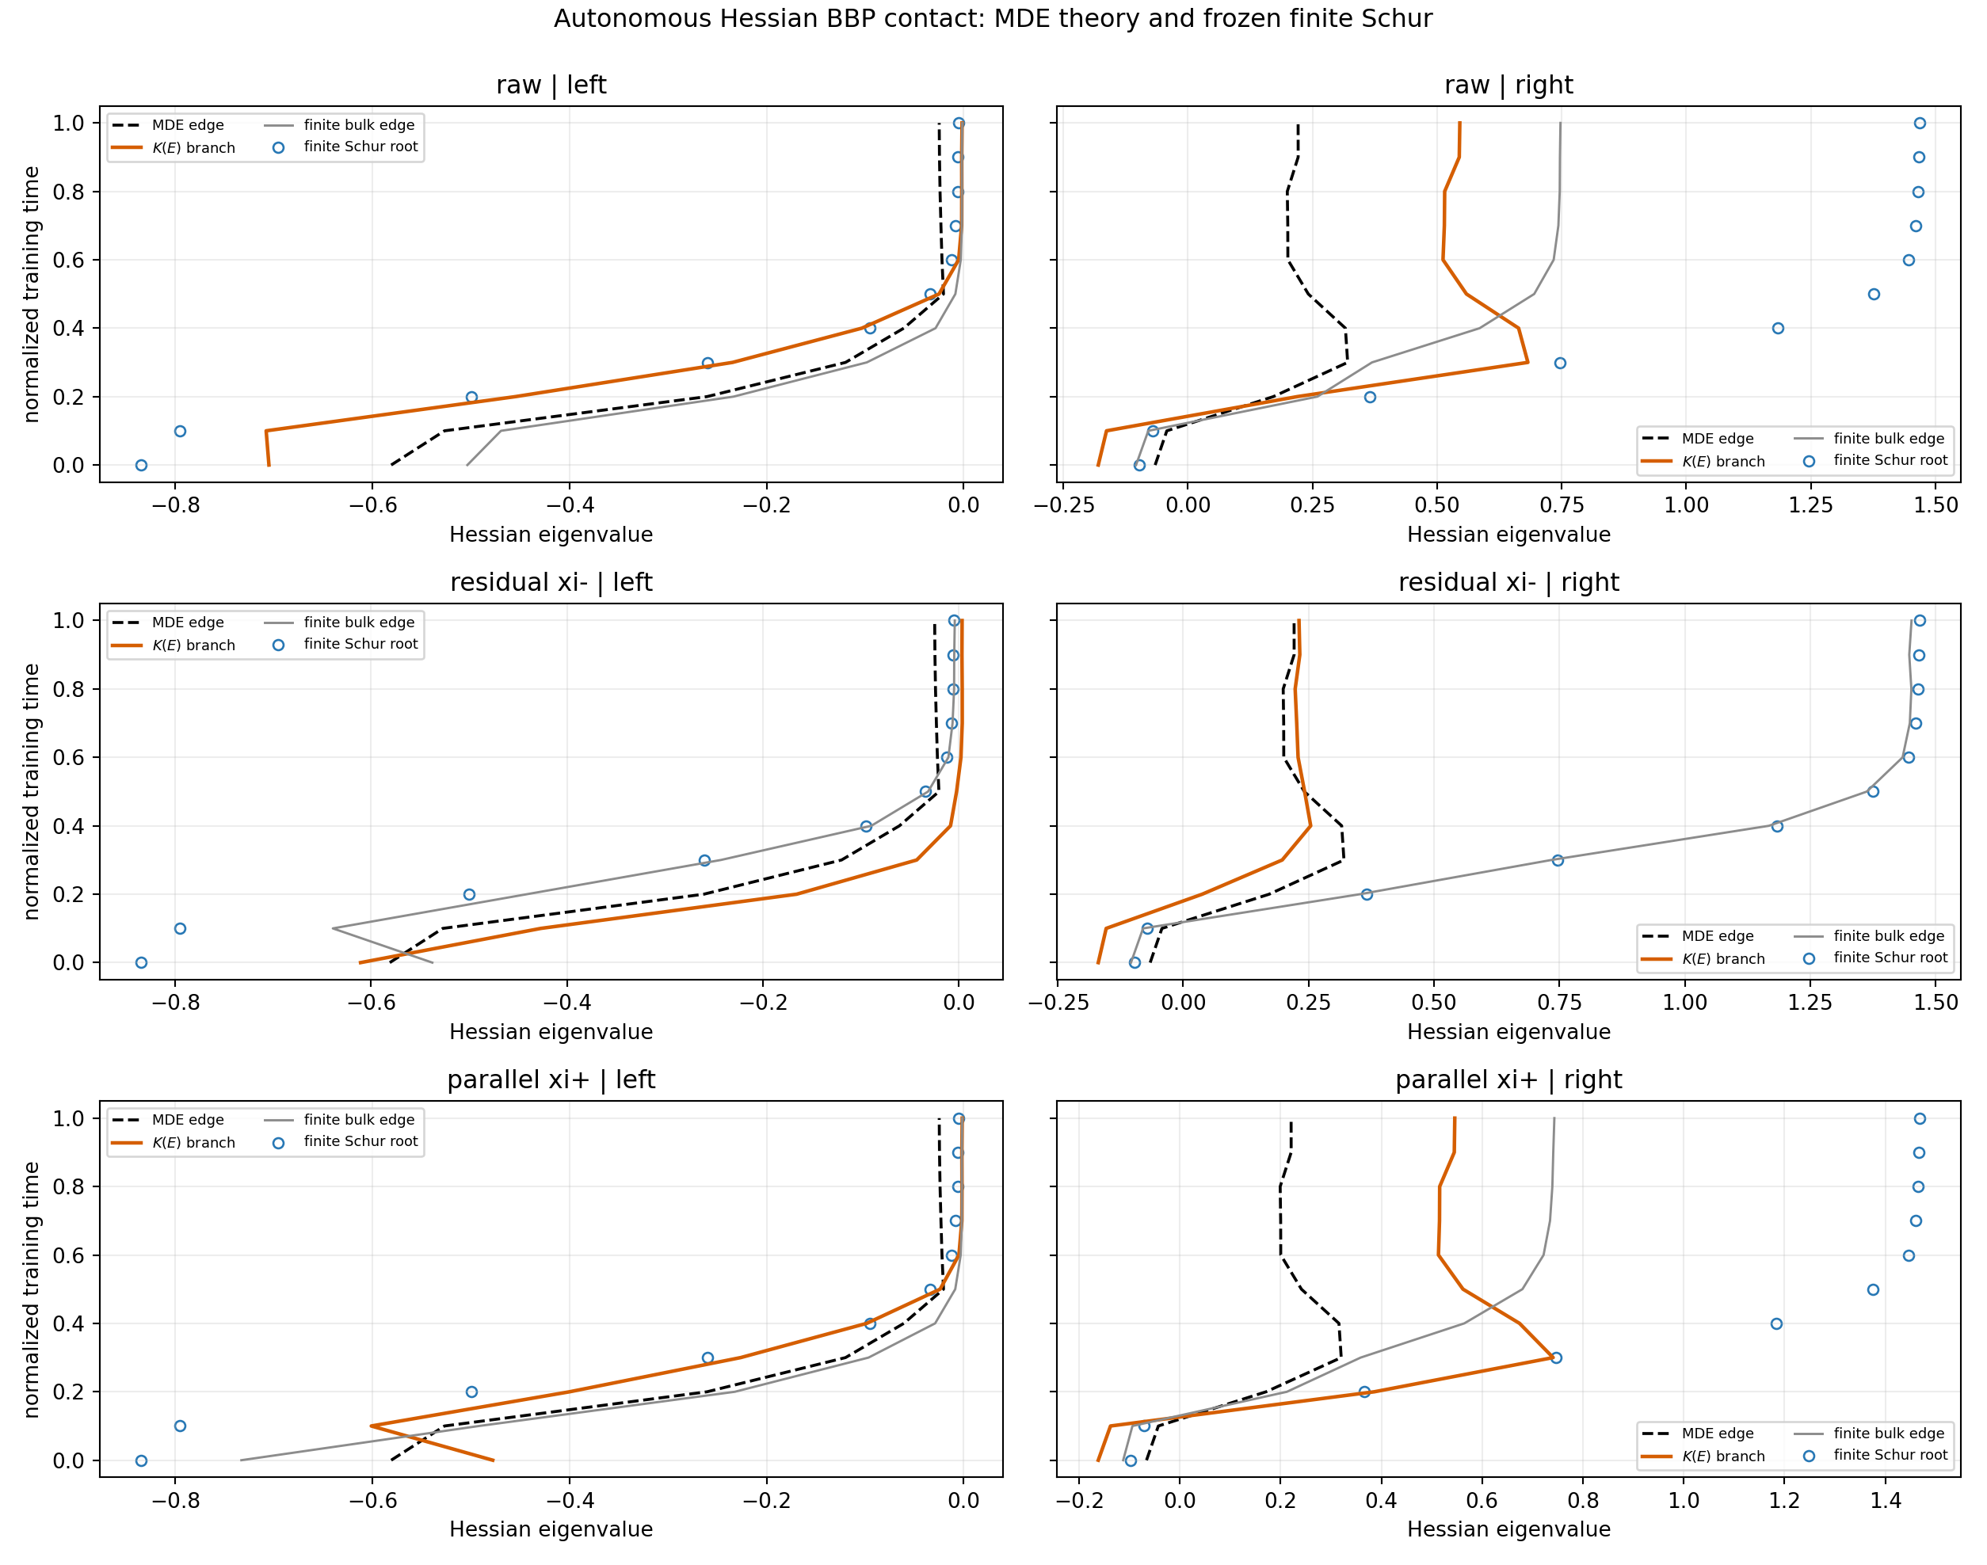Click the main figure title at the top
pos(993,18)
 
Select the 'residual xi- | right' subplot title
pos(1508,582)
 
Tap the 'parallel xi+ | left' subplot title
pos(551,1080)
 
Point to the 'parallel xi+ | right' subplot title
pos(1508,1080)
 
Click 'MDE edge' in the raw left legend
pos(188,124)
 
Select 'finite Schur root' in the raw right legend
pos(1890,460)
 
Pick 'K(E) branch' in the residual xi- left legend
pos(193,645)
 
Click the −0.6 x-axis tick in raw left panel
pos(372,505)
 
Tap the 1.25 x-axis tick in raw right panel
pos(1811,505)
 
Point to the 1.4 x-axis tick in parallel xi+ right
pos(1886,1500)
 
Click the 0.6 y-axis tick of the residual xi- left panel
pos(69,758)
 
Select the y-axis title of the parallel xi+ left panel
pos(31,1290)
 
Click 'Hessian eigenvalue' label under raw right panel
pos(1508,534)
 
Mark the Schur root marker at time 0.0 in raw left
pos(141,466)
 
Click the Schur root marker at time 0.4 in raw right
pos(1778,328)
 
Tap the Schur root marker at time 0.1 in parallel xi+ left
pos(181,1426)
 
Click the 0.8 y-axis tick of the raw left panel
pos(69,192)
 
